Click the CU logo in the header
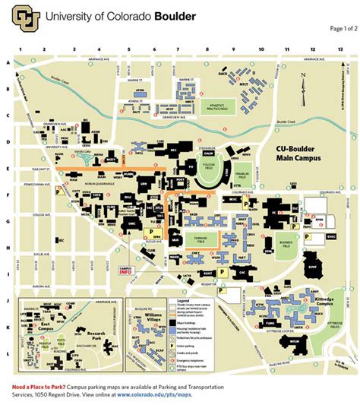coord(27,19)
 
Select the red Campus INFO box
coord(128,269)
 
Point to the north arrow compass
coord(302,80)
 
